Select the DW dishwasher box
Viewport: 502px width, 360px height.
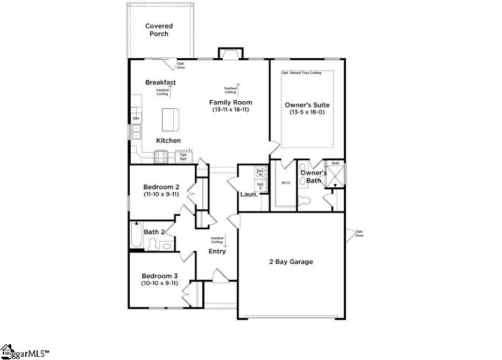(136, 118)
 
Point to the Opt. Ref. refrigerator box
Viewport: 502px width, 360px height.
(183, 157)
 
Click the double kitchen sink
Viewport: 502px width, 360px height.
(136, 132)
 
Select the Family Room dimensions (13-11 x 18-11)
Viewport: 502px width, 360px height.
(230, 110)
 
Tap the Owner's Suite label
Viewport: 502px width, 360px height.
(307, 105)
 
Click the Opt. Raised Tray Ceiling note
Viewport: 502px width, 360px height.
(301, 73)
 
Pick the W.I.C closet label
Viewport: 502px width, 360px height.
(286, 182)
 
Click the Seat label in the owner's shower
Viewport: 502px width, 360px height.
(335, 163)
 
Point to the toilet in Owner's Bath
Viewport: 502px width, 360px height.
(305, 201)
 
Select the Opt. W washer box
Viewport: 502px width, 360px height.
(260, 172)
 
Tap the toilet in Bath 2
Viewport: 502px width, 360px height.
(152, 245)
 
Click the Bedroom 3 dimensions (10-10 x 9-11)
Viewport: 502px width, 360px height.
(160, 283)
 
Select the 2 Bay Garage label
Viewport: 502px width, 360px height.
(291, 262)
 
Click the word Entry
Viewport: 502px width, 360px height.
(217, 251)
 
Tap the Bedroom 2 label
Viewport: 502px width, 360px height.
(161, 187)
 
